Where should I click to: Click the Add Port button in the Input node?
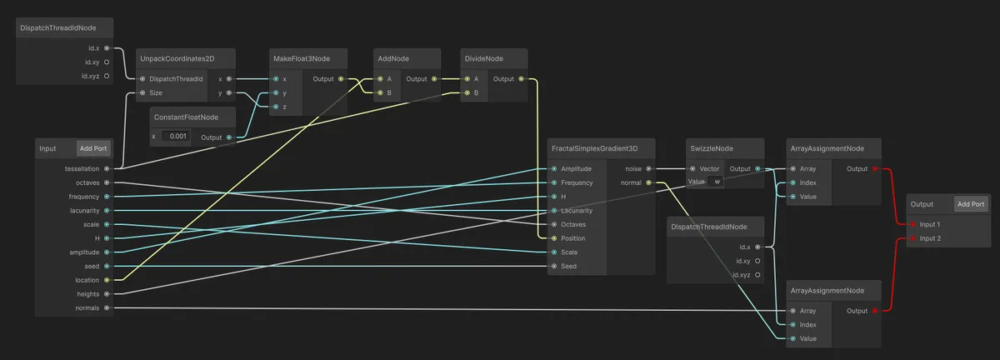93,148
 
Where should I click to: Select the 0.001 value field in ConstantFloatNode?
177,136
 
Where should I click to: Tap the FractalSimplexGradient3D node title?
594,148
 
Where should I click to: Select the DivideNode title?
484,59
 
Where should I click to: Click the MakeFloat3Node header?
301,59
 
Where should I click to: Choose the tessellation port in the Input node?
107,168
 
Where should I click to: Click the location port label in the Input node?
87,280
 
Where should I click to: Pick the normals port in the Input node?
107,307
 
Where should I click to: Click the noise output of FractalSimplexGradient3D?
649,168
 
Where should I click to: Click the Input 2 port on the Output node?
913,238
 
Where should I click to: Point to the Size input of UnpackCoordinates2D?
143,92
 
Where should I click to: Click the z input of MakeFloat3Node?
275,107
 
